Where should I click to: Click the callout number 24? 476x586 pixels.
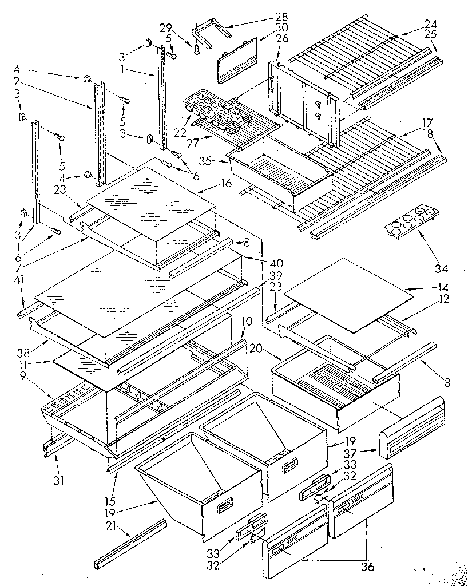point(430,25)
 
